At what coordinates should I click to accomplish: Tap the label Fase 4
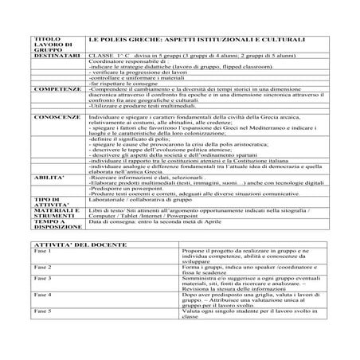point(41,295)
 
